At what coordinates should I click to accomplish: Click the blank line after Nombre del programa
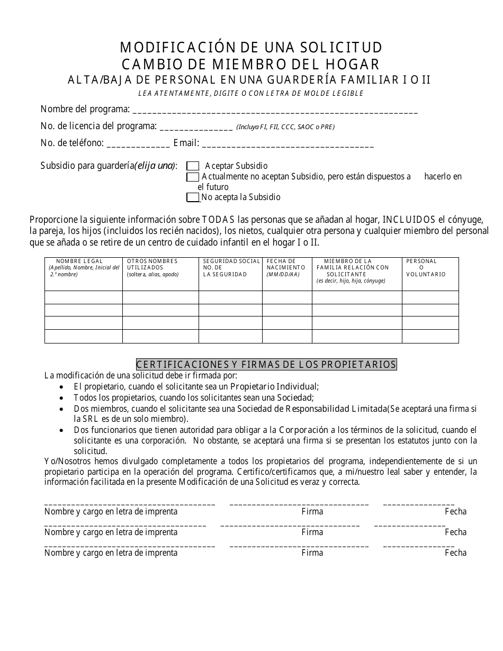[x=274, y=111]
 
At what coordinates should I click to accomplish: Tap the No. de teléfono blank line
[x=138, y=144]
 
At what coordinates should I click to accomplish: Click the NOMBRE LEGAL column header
[x=83, y=268]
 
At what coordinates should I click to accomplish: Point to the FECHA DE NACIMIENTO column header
[x=286, y=268]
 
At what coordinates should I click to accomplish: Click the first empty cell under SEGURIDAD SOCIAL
[x=230, y=297]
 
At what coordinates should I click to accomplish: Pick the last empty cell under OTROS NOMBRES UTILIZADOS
[x=160, y=336]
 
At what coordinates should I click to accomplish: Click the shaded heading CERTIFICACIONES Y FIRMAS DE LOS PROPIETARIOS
[x=266, y=365]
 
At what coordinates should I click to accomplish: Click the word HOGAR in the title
[x=354, y=65]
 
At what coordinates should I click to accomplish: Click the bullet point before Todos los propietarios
[x=62, y=398]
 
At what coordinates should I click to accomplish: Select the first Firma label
[x=312, y=511]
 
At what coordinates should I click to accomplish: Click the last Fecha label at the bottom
[x=455, y=553]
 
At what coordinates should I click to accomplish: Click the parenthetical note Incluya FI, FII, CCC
[x=285, y=127]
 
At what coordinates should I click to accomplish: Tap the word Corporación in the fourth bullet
[x=307, y=430]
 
